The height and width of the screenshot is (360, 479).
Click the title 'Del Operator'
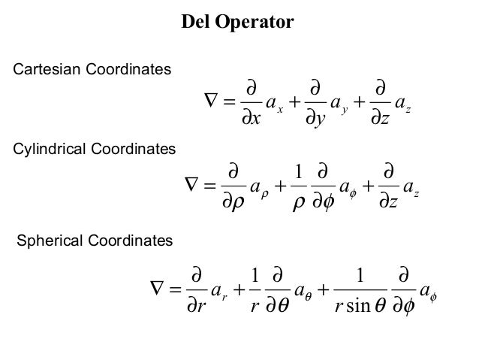click(x=239, y=23)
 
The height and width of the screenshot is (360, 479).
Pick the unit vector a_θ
click(x=306, y=288)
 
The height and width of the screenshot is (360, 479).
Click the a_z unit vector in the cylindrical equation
click(x=410, y=183)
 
